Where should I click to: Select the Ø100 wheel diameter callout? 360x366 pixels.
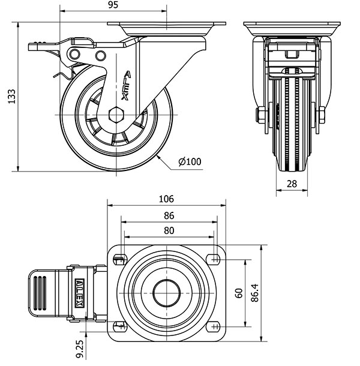[x=189, y=161]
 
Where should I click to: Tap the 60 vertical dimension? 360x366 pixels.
[x=238, y=294]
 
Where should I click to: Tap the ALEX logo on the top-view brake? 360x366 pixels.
[x=79, y=293]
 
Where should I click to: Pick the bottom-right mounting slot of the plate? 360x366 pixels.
[x=213, y=327]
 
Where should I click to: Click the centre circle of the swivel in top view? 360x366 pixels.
[x=166, y=293]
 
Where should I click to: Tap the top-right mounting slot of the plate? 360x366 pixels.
[x=213, y=259]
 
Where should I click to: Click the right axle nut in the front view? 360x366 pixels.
[x=320, y=115]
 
